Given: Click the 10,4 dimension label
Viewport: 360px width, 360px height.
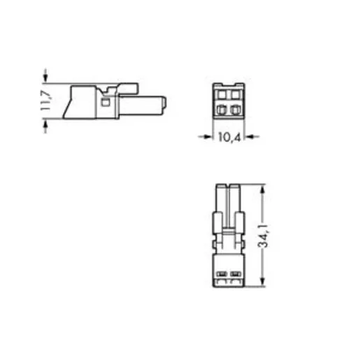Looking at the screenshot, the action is (x=229, y=137).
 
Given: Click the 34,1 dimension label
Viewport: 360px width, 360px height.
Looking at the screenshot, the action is (x=264, y=236).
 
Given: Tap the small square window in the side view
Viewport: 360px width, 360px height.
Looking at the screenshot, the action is (x=106, y=102).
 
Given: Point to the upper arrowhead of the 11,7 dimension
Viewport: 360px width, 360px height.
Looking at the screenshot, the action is (x=45, y=76).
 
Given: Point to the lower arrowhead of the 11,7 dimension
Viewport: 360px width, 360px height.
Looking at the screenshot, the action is (x=45, y=126).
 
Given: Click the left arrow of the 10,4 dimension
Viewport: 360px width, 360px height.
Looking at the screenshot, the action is (x=205, y=137).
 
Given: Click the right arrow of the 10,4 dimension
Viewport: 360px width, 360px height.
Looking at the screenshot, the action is (x=252, y=137).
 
